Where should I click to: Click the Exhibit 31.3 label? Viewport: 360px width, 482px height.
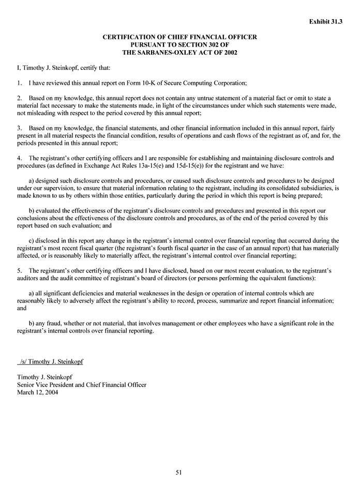pos(326,22)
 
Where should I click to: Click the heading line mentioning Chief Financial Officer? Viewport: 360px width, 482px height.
pos(179,38)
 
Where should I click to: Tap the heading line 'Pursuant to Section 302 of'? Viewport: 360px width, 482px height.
pos(179,45)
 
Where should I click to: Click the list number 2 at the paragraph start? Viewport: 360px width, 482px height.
pos(19,98)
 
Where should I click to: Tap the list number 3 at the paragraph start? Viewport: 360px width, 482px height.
pos(19,128)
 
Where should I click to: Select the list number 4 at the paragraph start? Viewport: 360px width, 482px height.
pos(19,158)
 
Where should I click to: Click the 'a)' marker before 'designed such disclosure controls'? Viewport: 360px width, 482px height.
pos(32,180)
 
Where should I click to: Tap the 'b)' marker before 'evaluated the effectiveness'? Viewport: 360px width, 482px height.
pos(32,210)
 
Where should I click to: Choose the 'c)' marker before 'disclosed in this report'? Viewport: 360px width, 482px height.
pos(32,240)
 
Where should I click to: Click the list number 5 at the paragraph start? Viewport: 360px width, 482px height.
pos(19,270)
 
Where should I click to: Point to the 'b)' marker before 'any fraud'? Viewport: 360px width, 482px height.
pos(32,323)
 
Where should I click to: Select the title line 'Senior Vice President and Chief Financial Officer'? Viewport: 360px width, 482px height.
pos(82,385)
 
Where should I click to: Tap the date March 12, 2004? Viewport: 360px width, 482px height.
pos(38,392)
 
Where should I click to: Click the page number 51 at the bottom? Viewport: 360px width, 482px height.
pos(179,472)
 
